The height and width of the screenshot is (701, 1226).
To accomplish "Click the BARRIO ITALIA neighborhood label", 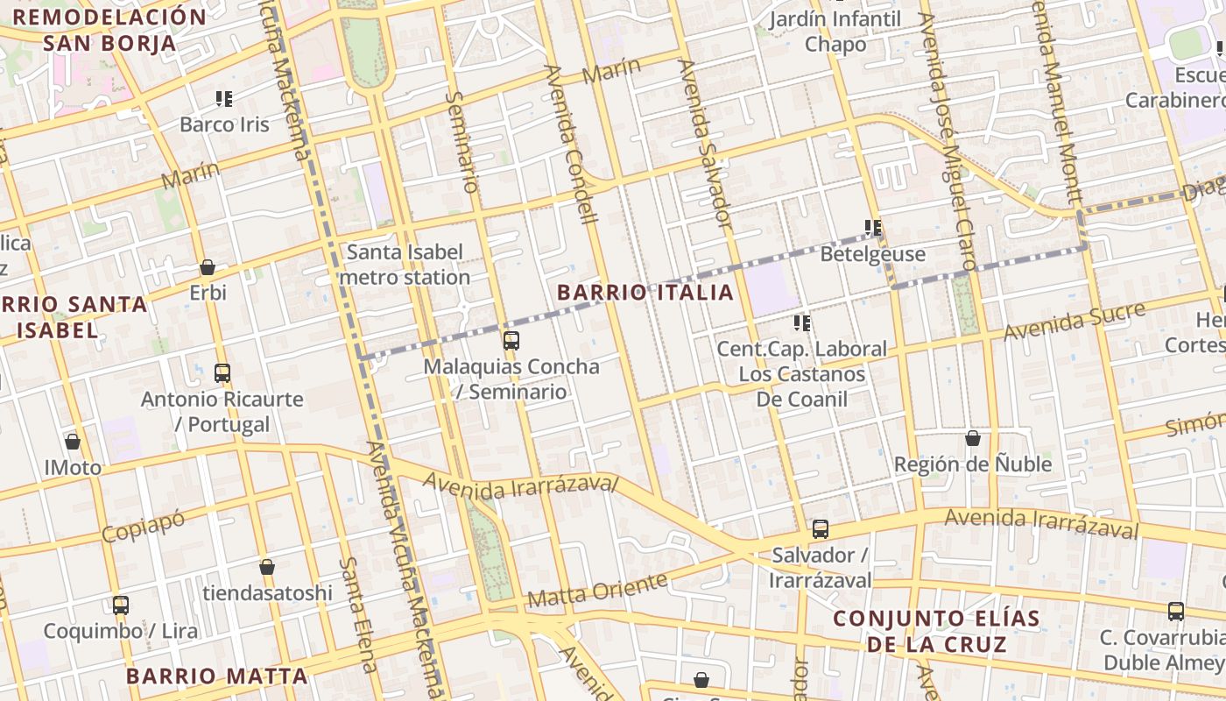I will (x=645, y=293).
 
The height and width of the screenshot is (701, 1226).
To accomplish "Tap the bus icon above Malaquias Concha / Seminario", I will (x=511, y=341).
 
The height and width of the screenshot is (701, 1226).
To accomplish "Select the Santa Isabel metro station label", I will (x=405, y=265).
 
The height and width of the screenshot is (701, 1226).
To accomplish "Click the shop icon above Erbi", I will (x=208, y=267).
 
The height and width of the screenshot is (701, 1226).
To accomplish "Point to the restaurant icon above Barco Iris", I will (x=224, y=99).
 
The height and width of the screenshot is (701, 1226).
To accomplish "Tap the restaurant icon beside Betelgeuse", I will (x=873, y=228).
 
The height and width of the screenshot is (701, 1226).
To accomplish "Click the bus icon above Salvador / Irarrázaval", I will (x=821, y=529).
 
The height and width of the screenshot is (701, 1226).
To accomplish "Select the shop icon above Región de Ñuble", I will (x=972, y=438).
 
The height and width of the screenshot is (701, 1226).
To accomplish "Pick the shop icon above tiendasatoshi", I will (x=267, y=567).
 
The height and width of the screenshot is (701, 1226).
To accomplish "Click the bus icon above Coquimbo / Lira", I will (x=121, y=605).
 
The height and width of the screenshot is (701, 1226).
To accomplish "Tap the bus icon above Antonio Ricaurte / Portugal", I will (x=222, y=373).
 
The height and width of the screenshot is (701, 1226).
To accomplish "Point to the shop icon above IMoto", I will (x=73, y=442).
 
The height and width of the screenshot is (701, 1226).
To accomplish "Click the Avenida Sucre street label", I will (x=1074, y=322).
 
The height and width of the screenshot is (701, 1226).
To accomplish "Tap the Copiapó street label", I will (x=144, y=526).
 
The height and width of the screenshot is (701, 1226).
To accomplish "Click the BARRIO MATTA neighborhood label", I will (x=216, y=676).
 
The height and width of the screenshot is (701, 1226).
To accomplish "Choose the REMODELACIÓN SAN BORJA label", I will (x=110, y=29).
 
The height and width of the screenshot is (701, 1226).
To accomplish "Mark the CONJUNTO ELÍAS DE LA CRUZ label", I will (x=936, y=631).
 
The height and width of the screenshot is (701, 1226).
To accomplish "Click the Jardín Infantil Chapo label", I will (x=835, y=32).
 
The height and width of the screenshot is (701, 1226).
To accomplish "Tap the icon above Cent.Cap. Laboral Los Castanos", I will (x=802, y=323).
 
